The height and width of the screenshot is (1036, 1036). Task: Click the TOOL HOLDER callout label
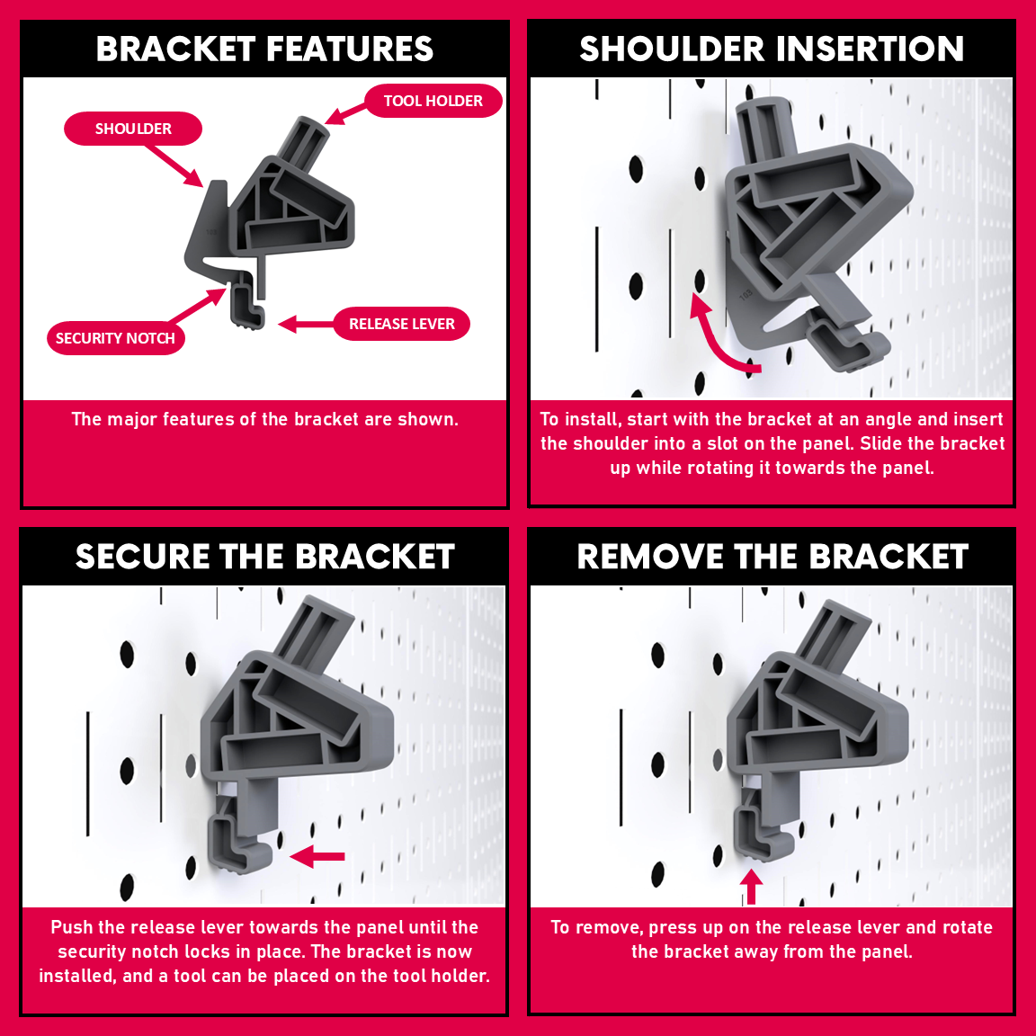coord(433,101)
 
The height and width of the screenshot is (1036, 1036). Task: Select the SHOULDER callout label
coord(133,129)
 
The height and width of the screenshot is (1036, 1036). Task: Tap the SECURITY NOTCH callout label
coord(116,338)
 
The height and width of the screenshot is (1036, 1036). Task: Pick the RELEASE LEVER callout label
coord(402,324)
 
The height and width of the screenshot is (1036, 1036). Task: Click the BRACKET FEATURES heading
coord(265,49)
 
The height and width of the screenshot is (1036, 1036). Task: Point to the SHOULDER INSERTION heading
coord(772,49)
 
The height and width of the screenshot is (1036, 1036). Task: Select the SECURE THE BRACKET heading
coord(265,557)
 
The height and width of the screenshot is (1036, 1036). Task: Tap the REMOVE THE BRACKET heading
coord(773,557)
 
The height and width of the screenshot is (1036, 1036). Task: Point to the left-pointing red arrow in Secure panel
coord(317,856)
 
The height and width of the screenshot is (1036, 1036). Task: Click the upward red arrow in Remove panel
coord(751,886)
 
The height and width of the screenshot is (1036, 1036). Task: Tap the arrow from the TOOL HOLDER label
coord(345,113)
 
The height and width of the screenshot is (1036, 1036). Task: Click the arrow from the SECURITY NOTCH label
coord(198,305)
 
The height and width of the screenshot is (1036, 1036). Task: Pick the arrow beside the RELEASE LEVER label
coord(306,325)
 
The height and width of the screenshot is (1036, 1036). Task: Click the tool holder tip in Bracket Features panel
coord(313,126)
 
